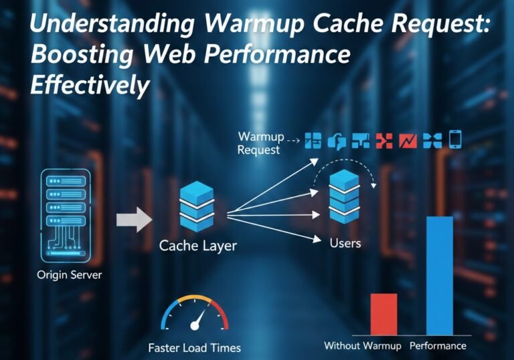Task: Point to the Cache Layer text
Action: tap(197, 246)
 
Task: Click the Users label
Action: tap(345, 242)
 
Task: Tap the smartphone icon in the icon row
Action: tap(456, 140)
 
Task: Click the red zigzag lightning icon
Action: tap(408, 141)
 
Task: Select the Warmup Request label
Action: tap(260, 143)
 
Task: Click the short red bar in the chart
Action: tap(383, 314)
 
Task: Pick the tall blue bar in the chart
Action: tap(440, 274)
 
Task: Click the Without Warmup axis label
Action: tap(362, 346)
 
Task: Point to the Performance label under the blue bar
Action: tap(438, 346)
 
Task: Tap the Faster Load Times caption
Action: tap(194, 348)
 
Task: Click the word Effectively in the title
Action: tap(90, 86)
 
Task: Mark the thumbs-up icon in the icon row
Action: tap(337, 141)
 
